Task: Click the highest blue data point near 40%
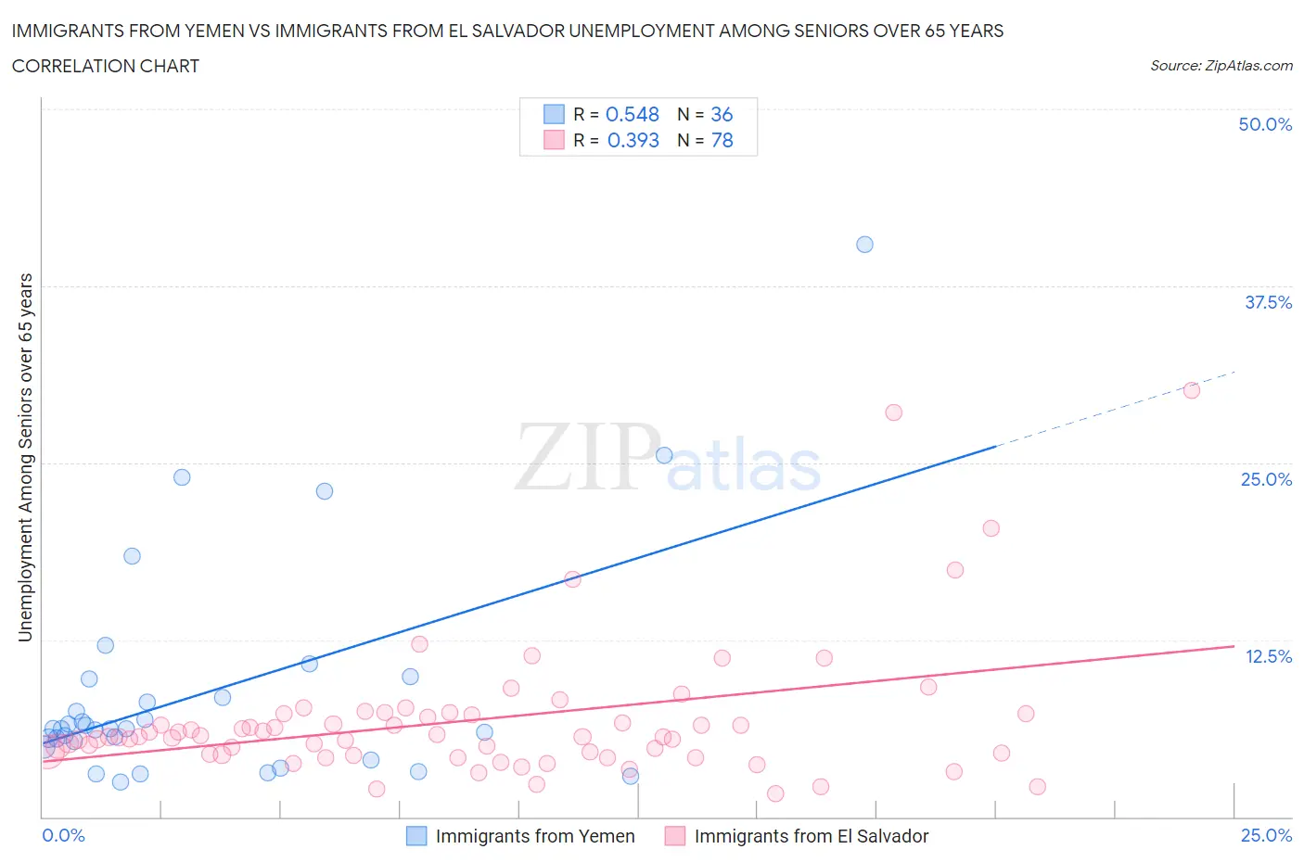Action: pos(864,245)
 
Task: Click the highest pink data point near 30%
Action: pos(1192,390)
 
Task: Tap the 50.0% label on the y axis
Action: pos(1265,124)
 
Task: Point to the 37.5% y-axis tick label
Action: pos(1268,302)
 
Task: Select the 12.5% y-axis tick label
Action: pos(1268,656)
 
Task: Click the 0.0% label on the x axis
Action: pos(63,835)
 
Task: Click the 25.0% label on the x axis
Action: pos(1266,835)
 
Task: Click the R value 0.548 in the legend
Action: pos(632,114)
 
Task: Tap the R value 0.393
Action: pos(633,140)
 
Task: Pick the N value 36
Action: pos(721,114)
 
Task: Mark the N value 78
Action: pos(721,140)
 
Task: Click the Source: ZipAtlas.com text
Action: pos(1221,65)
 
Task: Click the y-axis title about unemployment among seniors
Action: pos(25,457)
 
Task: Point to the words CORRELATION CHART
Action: pos(106,66)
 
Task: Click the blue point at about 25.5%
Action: pos(664,455)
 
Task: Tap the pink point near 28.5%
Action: pos(893,412)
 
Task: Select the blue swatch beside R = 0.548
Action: pos(554,114)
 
